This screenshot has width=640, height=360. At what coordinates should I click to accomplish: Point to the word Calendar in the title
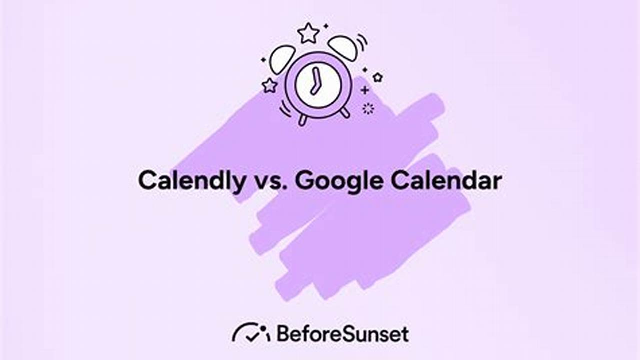(x=446, y=181)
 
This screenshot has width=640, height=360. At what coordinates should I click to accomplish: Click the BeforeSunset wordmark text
(x=342, y=334)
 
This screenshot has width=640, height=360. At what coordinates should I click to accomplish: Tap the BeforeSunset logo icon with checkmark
(x=250, y=333)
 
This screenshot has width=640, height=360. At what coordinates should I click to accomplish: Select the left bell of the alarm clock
(x=282, y=59)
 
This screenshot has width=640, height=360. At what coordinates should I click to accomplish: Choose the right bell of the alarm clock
(x=343, y=48)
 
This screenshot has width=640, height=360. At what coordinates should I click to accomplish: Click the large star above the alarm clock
(x=308, y=33)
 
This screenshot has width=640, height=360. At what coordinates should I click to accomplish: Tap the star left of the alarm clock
(x=270, y=85)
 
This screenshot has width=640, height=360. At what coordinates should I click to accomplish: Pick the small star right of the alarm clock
(x=377, y=77)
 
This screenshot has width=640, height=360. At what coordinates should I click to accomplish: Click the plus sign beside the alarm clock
(x=365, y=90)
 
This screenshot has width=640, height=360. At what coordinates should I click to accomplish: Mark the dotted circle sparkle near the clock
(x=368, y=108)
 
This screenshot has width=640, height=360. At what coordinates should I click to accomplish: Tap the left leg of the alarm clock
(x=302, y=120)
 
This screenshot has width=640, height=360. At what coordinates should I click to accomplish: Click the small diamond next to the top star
(x=326, y=25)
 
